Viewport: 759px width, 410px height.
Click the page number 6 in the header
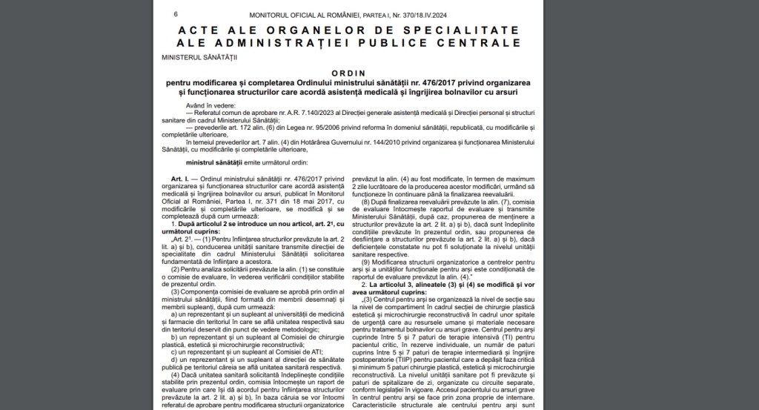click(x=176, y=14)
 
